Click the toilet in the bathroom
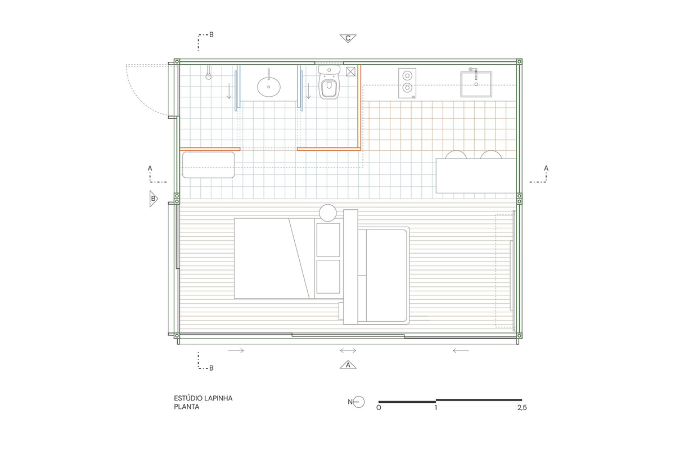pyautogui.click(x=329, y=82)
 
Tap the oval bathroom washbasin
pyautogui.click(x=268, y=87)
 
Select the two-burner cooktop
pyautogui.click(x=407, y=83)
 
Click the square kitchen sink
pyautogui.click(x=476, y=84)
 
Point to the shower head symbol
pyautogui.click(x=208, y=74)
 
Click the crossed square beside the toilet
pyautogui.click(x=350, y=71)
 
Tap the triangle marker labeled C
pyautogui.click(x=348, y=39)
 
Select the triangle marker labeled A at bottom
pyautogui.click(x=348, y=364)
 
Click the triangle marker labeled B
pyautogui.click(x=154, y=199)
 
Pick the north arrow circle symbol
pyautogui.click(x=359, y=402)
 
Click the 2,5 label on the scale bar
pyautogui.click(x=522, y=408)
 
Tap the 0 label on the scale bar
pyautogui.click(x=379, y=408)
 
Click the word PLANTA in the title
pyautogui.click(x=187, y=407)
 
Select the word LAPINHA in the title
pyautogui.click(x=218, y=398)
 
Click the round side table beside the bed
pyautogui.click(x=327, y=213)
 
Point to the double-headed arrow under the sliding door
pyautogui.click(x=348, y=350)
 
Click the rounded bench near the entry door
pyautogui.click(x=208, y=165)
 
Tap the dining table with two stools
pyautogui.click(x=476, y=175)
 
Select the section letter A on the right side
pyautogui.click(x=546, y=169)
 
